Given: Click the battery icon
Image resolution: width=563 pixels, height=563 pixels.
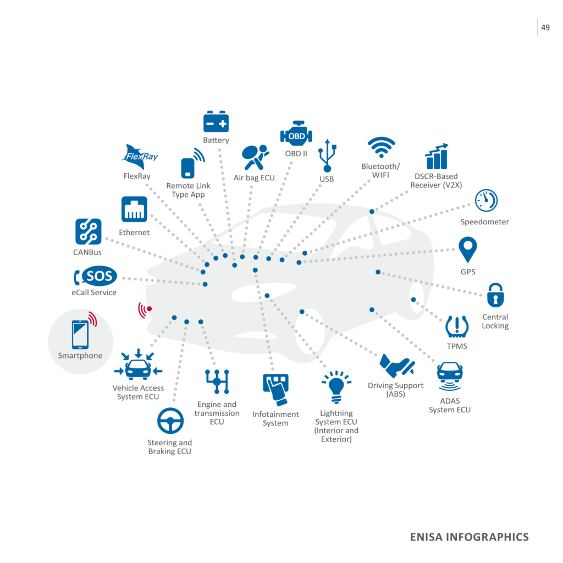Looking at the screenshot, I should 216,122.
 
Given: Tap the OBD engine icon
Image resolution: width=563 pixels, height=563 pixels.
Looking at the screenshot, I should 296,135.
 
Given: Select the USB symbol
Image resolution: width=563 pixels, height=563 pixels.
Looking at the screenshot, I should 328,156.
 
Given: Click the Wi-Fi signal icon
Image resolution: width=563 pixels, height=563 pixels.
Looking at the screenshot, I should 381,148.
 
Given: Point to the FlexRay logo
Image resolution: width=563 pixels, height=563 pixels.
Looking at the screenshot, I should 140,156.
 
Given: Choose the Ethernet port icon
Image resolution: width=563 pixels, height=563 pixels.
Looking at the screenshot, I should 134,209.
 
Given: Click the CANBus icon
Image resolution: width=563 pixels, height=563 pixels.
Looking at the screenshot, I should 88,231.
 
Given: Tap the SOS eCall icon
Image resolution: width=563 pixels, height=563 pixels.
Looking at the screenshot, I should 95,277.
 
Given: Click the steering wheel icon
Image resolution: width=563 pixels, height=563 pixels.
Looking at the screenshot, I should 170,422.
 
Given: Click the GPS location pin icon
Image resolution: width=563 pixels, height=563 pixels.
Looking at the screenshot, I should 468,250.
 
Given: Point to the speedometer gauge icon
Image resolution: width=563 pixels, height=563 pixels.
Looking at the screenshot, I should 486,200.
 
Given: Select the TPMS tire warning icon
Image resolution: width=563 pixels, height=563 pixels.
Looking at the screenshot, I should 457,327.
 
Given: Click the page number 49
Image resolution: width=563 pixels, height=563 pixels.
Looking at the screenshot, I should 545,27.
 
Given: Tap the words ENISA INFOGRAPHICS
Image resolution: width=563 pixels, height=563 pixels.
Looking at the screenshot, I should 469,537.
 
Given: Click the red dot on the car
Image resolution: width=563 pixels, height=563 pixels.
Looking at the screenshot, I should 149,309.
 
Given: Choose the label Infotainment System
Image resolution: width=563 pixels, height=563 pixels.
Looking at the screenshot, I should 275,418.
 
